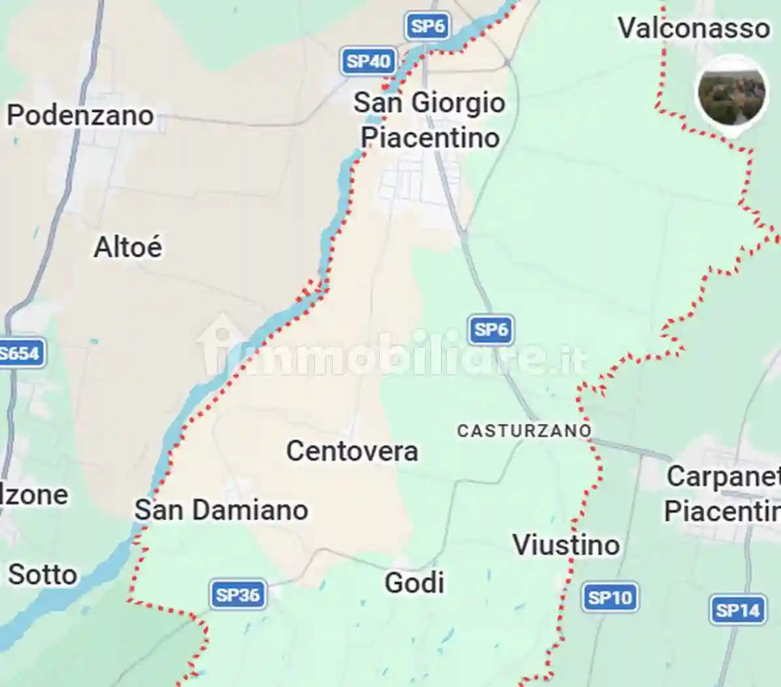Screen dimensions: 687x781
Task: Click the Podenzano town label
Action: click(x=80, y=115)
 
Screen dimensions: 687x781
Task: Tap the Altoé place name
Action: click(x=128, y=247)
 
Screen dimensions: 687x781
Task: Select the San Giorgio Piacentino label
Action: click(x=430, y=120)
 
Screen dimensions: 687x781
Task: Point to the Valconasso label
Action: click(x=694, y=28)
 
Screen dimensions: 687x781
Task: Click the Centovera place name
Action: click(x=352, y=451)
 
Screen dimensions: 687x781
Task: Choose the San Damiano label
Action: click(x=221, y=510)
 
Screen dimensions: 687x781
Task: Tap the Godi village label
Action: click(x=414, y=582)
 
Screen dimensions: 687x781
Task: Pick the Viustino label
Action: click(x=566, y=544)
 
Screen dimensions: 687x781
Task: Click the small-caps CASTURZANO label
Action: click(x=524, y=431)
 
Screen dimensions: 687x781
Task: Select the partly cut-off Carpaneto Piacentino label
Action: click(x=723, y=493)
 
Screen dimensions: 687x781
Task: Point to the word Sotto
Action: click(x=43, y=574)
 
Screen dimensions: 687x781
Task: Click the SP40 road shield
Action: click(x=368, y=62)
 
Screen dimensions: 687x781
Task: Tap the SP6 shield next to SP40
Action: click(x=428, y=26)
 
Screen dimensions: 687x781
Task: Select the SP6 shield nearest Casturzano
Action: click(x=491, y=329)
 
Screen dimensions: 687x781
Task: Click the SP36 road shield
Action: click(x=238, y=595)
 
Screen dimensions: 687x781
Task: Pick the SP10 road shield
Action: click(x=610, y=597)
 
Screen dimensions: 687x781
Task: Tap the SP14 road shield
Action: click(x=737, y=610)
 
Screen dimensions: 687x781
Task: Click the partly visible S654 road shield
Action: click(x=20, y=354)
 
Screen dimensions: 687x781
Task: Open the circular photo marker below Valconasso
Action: click(x=731, y=94)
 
